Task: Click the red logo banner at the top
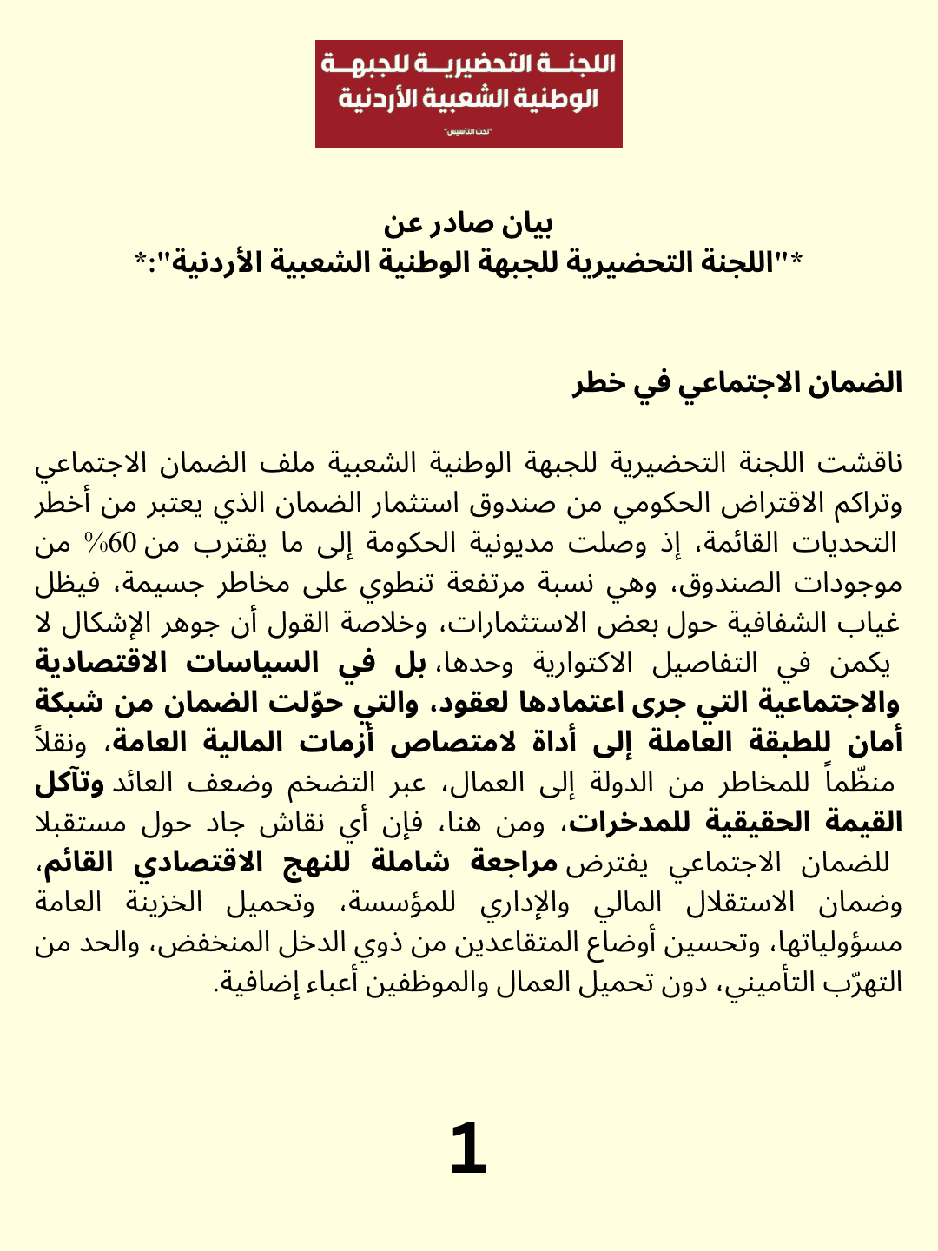468,93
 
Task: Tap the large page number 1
468,1148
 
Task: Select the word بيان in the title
528,224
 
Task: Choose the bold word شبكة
70,702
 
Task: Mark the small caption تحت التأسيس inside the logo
468,132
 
